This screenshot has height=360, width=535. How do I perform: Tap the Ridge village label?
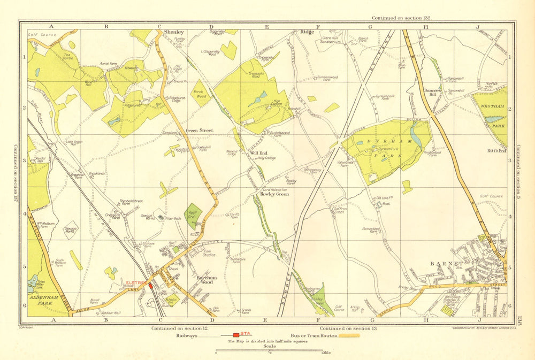tap(307, 32)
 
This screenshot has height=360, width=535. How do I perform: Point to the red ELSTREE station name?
tap(136, 281)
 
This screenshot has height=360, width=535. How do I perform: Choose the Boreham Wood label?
tap(207, 279)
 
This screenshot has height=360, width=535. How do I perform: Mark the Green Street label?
tap(199, 130)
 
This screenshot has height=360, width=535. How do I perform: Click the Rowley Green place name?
tap(274, 194)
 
